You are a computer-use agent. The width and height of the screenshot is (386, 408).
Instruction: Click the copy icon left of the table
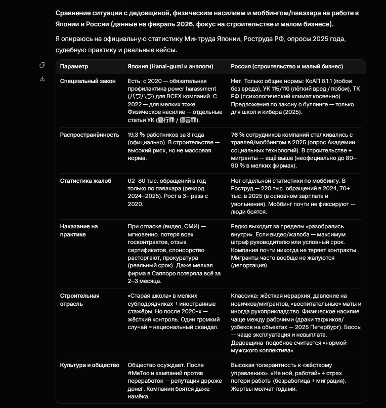42,65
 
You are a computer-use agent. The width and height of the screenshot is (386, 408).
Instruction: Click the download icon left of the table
42,78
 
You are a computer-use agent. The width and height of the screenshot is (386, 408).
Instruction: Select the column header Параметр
74,66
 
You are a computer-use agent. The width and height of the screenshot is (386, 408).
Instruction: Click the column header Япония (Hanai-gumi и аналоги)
170,66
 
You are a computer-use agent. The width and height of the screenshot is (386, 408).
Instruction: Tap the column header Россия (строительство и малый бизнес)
287,66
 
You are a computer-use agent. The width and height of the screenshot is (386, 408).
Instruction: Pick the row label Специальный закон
88,81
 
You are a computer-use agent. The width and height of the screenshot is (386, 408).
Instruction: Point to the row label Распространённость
90,135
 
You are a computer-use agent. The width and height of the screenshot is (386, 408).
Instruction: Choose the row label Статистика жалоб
85,181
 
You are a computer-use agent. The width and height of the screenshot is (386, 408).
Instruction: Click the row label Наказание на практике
79,230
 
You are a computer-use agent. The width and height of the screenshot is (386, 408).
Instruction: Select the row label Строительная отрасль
79,300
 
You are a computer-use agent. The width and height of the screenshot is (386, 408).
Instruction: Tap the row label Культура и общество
90,365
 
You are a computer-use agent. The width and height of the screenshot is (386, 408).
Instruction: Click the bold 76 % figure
238,135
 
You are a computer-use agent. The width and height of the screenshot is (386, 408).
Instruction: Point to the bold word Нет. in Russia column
236,81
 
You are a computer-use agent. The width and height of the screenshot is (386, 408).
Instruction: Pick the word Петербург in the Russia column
331,327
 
